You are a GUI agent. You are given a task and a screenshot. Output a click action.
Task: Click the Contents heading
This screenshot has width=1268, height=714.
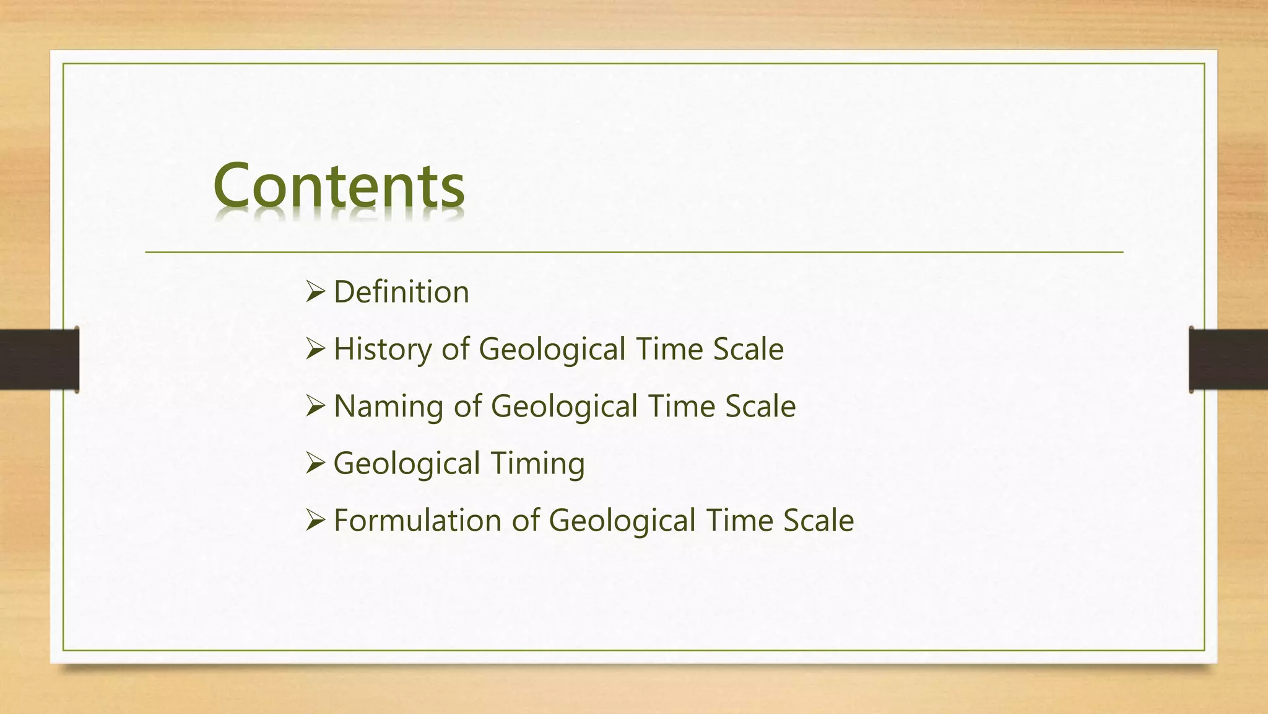tap(339, 185)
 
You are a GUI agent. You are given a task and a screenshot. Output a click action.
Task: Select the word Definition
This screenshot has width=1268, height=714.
tap(401, 292)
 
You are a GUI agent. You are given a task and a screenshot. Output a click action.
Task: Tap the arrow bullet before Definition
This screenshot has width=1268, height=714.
tap(315, 291)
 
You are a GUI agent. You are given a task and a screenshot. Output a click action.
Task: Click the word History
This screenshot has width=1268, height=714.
tap(382, 349)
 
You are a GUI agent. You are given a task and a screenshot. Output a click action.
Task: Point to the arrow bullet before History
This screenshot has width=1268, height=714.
tap(315, 349)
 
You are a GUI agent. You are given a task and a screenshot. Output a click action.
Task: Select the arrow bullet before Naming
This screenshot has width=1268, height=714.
tap(315, 406)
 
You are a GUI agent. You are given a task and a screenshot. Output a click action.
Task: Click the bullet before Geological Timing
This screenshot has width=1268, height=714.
tap(315, 463)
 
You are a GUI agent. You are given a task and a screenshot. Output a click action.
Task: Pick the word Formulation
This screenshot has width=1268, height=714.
tap(417, 520)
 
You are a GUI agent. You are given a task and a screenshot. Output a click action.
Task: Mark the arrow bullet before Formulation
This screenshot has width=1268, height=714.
tap(315, 520)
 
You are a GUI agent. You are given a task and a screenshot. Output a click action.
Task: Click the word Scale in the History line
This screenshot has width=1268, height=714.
tap(748, 349)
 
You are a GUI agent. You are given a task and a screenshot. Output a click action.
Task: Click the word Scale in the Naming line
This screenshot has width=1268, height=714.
tap(760, 406)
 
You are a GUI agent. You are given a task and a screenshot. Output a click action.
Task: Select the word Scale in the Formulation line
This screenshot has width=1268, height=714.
tap(819, 520)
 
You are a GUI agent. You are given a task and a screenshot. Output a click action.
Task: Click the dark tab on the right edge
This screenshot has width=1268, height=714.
tap(1228, 359)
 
